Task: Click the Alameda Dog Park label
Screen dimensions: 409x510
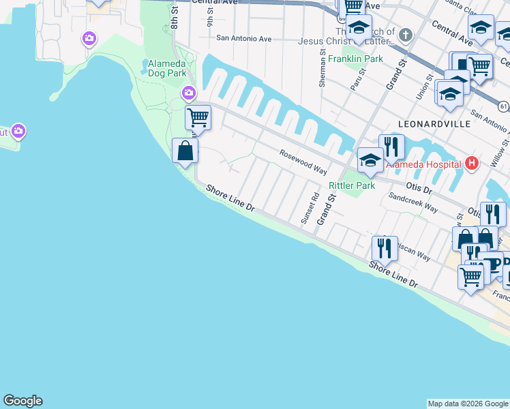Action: [167, 68]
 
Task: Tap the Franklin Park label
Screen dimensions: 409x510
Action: [355, 59]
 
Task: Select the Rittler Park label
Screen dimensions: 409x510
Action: [352, 185]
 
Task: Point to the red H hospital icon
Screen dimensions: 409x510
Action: [470, 164]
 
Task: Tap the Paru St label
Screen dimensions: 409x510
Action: [355, 84]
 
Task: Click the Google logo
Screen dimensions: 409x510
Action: [22, 401]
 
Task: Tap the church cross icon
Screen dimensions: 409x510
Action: [406, 35]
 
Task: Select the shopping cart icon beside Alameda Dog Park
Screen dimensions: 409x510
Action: [198, 117]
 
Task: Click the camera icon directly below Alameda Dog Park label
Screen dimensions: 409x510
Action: [188, 92]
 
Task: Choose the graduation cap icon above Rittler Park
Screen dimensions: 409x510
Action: [370, 160]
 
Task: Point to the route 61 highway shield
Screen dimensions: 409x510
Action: [503, 107]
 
